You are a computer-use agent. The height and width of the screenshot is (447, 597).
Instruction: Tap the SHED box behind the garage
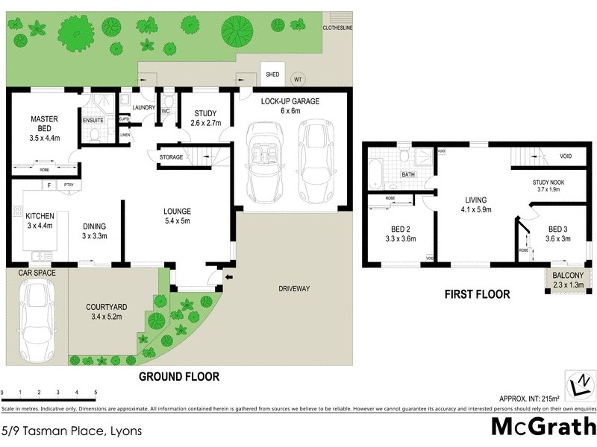tap(272, 74)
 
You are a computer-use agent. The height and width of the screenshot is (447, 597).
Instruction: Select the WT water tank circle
tap(298, 79)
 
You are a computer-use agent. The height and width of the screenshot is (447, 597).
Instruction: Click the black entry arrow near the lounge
tap(228, 277)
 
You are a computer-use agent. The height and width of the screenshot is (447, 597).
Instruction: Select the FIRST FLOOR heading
tap(477, 294)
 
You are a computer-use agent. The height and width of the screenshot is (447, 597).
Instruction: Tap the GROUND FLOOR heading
tap(179, 377)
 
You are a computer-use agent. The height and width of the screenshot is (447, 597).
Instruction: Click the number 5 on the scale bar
tap(96, 393)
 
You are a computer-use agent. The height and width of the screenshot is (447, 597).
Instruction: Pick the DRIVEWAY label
tap(294, 288)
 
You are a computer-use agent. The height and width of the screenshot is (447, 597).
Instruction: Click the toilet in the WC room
tap(168, 103)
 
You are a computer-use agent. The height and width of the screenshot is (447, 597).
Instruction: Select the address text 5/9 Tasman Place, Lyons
tap(71, 431)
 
